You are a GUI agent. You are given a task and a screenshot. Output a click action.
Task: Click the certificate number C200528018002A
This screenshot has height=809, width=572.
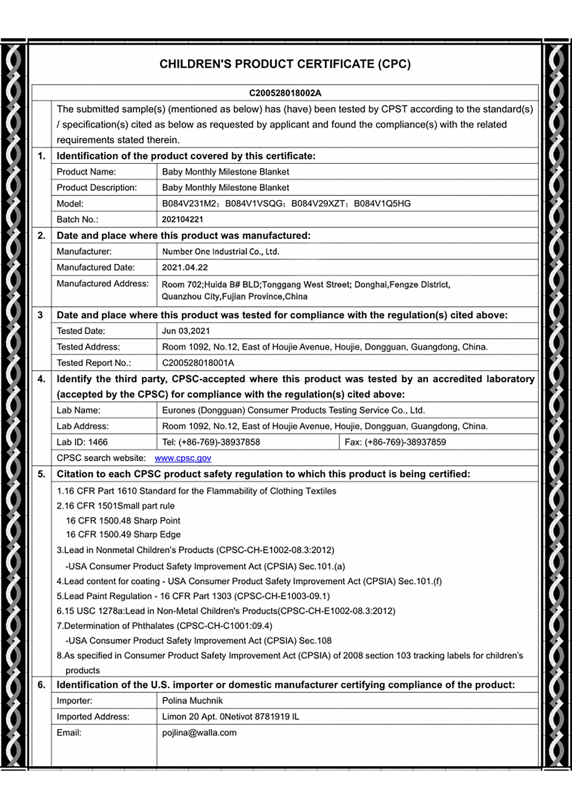click(285, 93)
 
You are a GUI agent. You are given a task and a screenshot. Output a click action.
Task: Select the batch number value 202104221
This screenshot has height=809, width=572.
click(182, 220)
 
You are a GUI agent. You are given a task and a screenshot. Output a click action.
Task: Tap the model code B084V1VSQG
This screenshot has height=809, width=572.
click(254, 204)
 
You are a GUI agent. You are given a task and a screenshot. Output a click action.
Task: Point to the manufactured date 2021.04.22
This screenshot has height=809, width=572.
click(185, 267)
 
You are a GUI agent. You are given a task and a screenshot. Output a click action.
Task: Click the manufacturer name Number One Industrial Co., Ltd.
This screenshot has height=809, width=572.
click(220, 252)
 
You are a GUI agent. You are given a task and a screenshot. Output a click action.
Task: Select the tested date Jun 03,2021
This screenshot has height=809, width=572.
click(186, 331)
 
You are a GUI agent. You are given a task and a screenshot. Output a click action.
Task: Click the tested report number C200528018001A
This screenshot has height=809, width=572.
click(198, 363)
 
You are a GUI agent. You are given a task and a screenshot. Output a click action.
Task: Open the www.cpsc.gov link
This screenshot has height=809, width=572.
click(183, 458)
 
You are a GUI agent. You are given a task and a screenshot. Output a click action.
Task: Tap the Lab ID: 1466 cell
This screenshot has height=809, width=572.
click(82, 442)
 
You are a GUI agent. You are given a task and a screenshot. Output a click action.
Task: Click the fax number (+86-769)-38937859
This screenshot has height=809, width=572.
click(395, 442)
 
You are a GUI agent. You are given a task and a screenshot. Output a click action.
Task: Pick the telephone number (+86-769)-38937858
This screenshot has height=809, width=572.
click(211, 442)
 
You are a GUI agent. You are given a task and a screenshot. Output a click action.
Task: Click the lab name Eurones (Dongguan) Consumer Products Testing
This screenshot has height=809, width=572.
click(293, 411)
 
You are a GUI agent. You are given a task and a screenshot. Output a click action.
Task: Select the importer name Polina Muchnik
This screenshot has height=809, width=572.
click(192, 701)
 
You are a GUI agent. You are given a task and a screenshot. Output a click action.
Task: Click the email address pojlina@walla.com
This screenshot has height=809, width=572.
click(199, 733)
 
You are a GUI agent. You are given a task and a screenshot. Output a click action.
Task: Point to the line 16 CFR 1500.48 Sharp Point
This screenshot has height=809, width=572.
click(123, 521)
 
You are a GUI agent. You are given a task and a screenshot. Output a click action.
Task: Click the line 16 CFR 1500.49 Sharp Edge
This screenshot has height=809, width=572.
click(123, 534)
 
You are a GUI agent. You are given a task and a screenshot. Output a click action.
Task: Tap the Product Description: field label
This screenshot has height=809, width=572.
click(97, 188)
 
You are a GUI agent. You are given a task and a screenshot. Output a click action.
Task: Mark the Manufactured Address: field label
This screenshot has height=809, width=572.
click(103, 284)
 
